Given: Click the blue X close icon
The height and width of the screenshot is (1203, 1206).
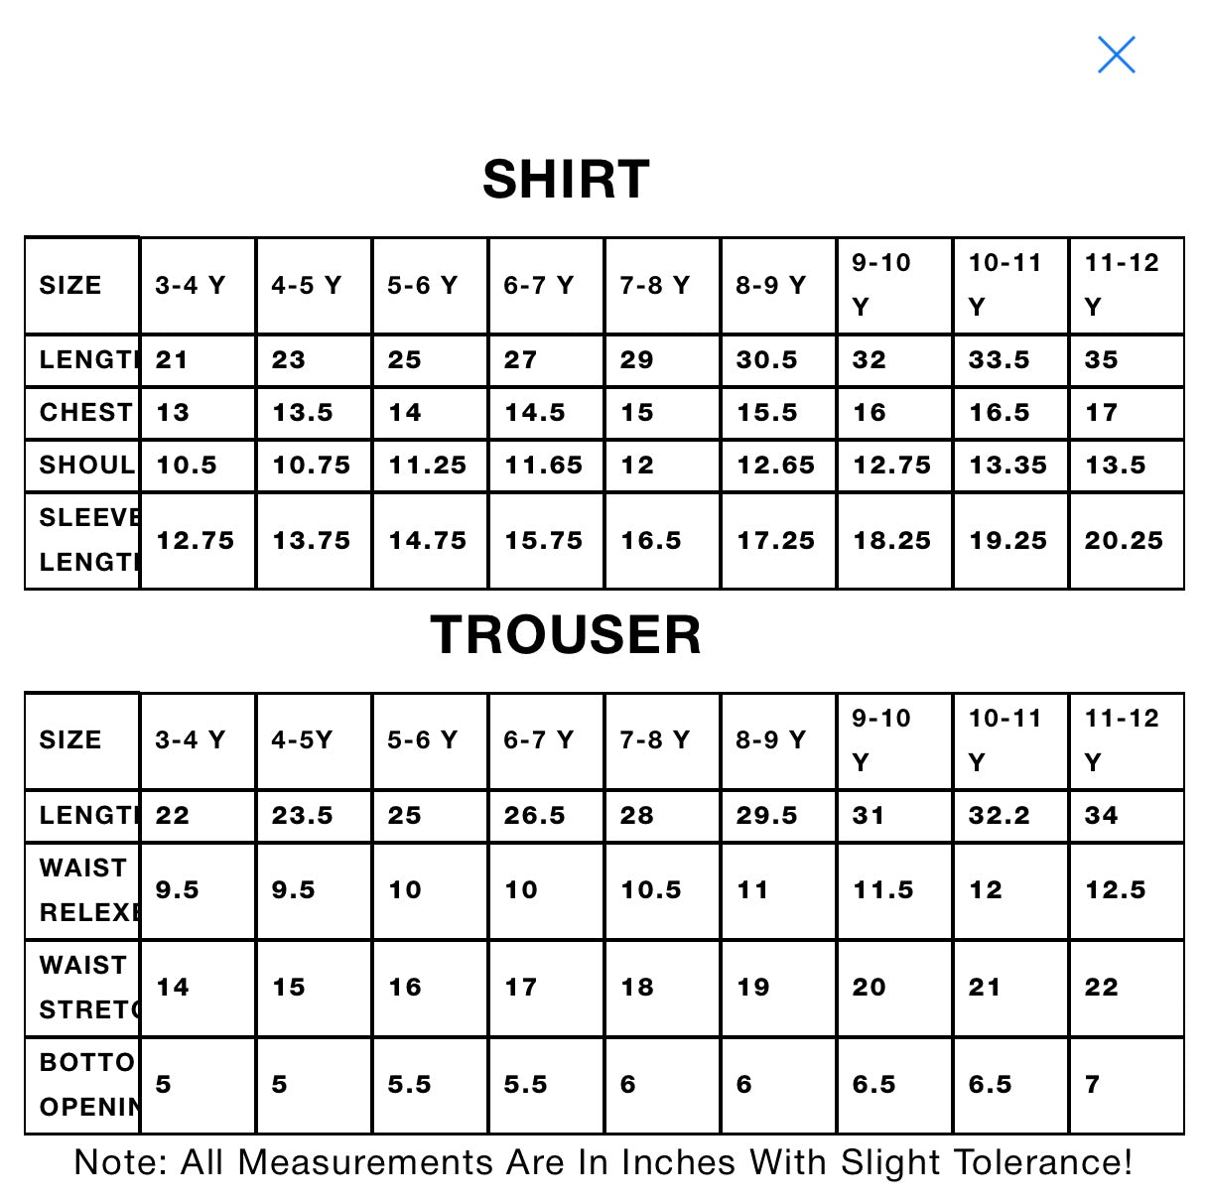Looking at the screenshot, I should pyautogui.click(x=1116, y=55).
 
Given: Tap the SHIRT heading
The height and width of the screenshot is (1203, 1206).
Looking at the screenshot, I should pyautogui.click(x=566, y=180).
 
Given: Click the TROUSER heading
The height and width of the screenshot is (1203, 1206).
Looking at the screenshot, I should pyautogui.click(x=566, y=635).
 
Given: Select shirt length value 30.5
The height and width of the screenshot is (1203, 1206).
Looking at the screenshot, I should pyautogui.click(x=766, y=360).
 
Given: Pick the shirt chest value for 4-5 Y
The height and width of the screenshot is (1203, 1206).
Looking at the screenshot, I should pyautogui.click(x=303, y=413).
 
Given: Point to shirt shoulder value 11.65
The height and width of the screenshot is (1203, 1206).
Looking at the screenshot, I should pyautogui.click(x=543, y=466).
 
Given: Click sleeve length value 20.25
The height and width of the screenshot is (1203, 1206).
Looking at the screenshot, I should pyautogui.click(x=1123, y=541).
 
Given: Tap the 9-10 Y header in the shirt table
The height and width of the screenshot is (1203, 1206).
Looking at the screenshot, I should pyautogui.click(x=881, y=285).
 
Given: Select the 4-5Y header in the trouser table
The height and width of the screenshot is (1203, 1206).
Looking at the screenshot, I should pyautogui.click(x=302, y=740).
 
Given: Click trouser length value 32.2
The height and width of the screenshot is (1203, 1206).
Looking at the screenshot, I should pyautogui.click(x=999, y=816).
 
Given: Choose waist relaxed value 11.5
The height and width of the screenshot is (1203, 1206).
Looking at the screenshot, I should pyautogui.click(x=883, y=890).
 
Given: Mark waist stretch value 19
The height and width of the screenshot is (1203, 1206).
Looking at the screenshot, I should pyautogui.click(x=753, y=988).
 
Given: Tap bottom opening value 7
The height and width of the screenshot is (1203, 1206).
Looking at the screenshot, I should pyautogui.click(x=1093, y=1085).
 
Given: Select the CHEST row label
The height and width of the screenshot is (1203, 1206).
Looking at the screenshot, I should pyautogui.click(x=85, y=413).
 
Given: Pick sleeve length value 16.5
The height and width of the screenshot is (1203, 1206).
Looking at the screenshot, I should pyautogui.click(x=651, y=541).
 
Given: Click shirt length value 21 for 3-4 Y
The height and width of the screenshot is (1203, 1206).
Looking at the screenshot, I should pyautogui.click(x=172, y=360).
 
